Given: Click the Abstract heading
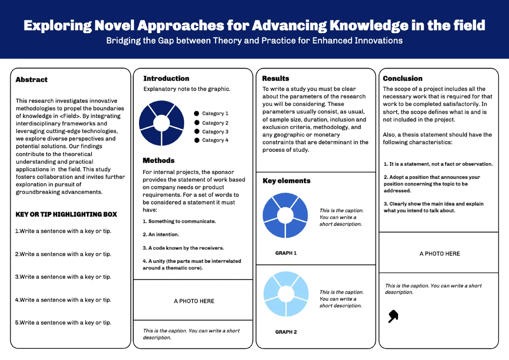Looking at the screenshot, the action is point(31,79).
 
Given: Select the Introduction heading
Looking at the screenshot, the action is point(166,78).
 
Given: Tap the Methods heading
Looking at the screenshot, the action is point(158,161).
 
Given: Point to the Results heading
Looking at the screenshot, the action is point(276,78).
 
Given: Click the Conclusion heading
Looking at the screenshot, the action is point(403,78).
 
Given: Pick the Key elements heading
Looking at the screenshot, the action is point(286,181).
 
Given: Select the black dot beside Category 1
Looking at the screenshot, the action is point(196,113).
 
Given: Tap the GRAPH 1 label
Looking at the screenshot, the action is point(286,253).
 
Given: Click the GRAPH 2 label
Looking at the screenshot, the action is point(286,332).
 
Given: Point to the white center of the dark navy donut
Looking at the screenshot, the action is point(162,123).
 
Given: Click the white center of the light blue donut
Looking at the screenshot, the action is point(286,294).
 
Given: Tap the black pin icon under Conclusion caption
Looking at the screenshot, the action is point(393,316).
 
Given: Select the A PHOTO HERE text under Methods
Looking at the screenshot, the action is point(194,301).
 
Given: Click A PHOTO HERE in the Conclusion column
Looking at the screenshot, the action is point(440,254).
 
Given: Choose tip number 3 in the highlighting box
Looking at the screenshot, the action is point(63,277).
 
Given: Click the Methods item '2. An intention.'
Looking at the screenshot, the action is point(161,234).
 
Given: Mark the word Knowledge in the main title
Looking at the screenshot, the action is point(369,25).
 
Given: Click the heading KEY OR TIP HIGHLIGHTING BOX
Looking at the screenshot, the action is point(66,214).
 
